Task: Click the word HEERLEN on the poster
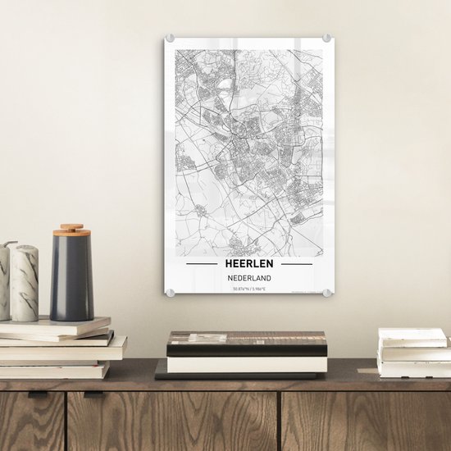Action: (x=249, y=264)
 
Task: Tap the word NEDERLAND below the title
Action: (x=249, y=277)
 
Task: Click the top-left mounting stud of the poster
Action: (x=171, y=39)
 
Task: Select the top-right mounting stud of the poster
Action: (x=326, y=38)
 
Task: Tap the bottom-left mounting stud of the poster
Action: (x=171, y=292)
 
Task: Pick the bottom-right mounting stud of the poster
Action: (x=327, y=292)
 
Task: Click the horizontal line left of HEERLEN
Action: (x=202, y=265)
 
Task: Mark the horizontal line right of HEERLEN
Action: (x=296, y=265)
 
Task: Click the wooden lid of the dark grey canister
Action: (x=71, y=229)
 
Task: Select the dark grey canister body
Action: (x=71, y=279)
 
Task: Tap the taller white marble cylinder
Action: (x=25, y=283)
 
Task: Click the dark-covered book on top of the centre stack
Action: (x=247, y=343)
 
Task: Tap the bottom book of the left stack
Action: (x=53, y=371)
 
